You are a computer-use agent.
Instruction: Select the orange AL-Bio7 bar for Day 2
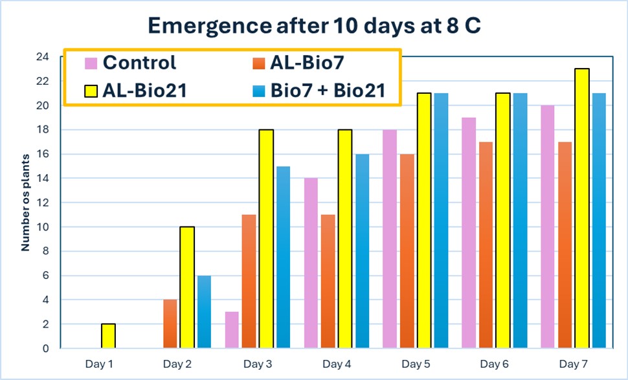coord(169,324)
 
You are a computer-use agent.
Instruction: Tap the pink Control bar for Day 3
coord(232,330)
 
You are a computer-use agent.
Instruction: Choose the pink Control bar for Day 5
coord(390,239)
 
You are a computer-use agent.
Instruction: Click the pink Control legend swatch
coord(91,63)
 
